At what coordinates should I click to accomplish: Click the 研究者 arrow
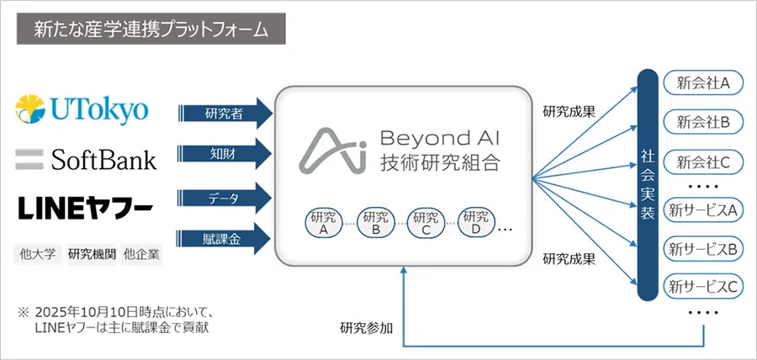point(225,113)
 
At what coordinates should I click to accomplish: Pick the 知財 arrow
point(225,155)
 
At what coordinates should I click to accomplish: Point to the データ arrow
point(225,198)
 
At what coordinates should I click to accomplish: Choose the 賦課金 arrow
point(225,239)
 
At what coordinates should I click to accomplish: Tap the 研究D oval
point(476,222)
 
